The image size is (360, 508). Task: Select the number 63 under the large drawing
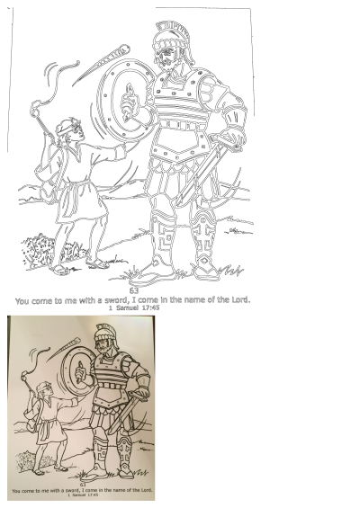point(133,290)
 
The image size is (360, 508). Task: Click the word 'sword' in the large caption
point(114,299)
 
